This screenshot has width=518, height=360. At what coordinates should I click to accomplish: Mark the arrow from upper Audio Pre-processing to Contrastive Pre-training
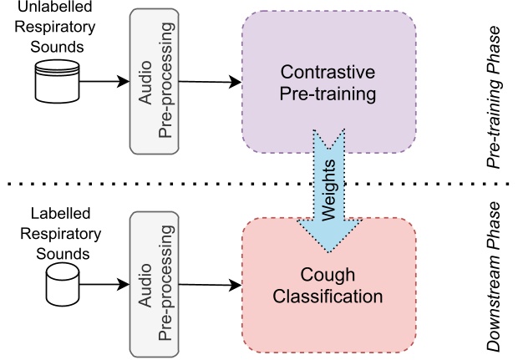tap(208, 82)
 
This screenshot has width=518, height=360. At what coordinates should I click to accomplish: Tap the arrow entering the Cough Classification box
tap(208, 284)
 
